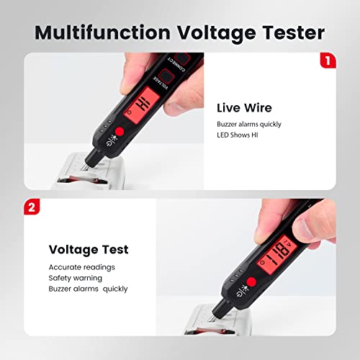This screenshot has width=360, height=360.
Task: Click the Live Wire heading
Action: tap(243, 108)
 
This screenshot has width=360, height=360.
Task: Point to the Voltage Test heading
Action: tap(89, 250)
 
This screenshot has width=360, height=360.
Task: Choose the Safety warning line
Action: tap(75, 277)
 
